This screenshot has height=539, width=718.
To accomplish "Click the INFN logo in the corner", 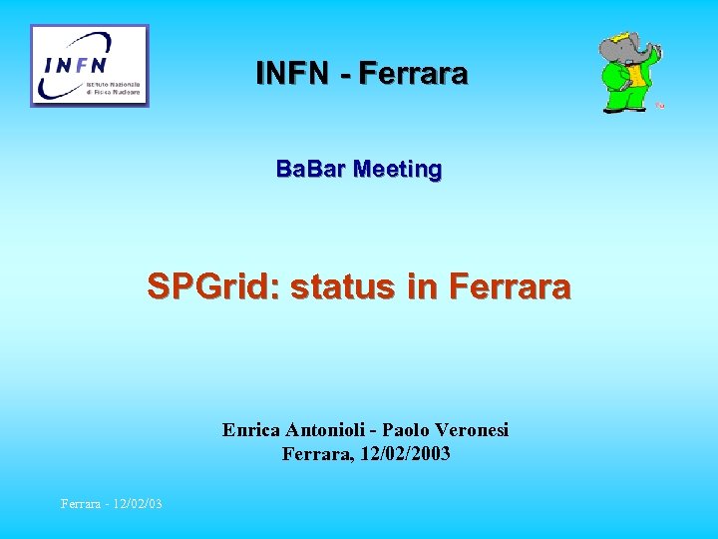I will point(89,65).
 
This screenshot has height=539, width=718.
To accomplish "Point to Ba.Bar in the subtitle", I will point(309,170).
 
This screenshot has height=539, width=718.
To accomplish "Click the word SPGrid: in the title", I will point(213,287).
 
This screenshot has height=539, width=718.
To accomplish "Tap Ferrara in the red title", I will point(510,287).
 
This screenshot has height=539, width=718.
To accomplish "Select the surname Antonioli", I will point(326,430).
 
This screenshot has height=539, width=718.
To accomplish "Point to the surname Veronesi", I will point(471,430).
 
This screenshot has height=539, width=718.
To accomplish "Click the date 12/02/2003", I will point(409,454).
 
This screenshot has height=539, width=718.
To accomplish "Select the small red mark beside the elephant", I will point(659,104).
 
